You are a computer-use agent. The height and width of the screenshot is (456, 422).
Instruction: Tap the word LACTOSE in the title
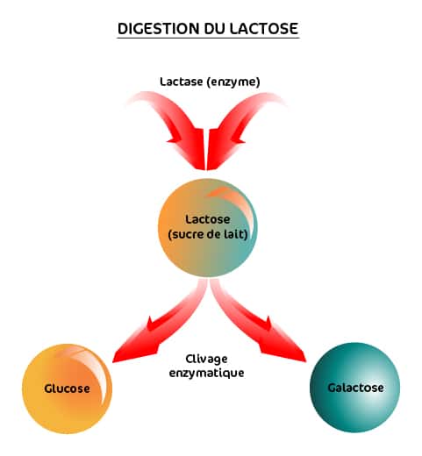[263, 29]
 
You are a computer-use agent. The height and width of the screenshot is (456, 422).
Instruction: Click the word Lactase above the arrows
[181, 82]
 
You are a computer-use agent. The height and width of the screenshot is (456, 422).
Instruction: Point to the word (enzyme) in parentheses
[233, 82]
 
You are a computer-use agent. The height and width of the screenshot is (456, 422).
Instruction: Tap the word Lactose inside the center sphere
[208, 219]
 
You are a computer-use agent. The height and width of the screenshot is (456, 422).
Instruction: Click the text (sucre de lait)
[208, 234]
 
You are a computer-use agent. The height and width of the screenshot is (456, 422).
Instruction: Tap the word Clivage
[206, 360]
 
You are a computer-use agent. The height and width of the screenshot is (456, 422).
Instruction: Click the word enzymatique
[206, 374]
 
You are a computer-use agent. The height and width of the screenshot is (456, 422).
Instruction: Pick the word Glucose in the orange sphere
[67, 388]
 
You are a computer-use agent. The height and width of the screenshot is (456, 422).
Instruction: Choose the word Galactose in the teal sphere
[355, 388]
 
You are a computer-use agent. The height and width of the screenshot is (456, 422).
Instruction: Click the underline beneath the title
[208, 38]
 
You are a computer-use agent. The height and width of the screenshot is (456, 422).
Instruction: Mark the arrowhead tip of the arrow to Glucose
[113, 362]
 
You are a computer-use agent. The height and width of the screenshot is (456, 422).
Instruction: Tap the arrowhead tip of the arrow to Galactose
[305, 361]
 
